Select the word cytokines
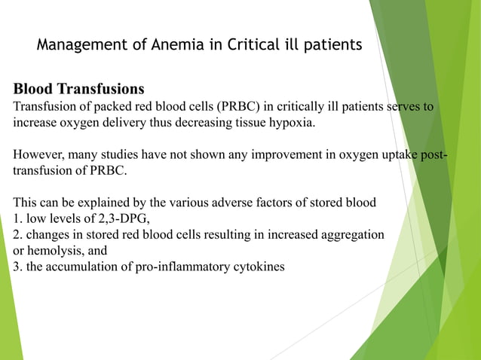pyautogui.click(x=258, y=267)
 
